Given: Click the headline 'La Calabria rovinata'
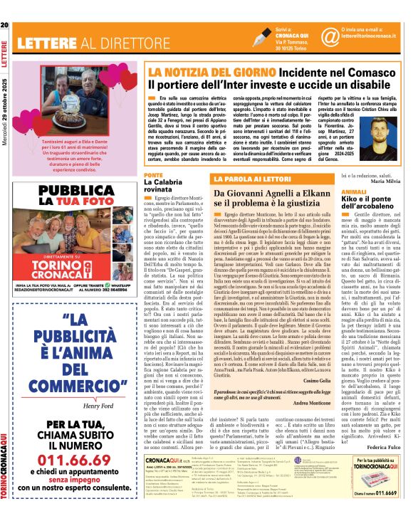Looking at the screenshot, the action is point(164,186).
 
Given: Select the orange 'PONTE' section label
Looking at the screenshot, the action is point(153,174).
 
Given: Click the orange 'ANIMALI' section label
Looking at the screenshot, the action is point(355,191).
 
